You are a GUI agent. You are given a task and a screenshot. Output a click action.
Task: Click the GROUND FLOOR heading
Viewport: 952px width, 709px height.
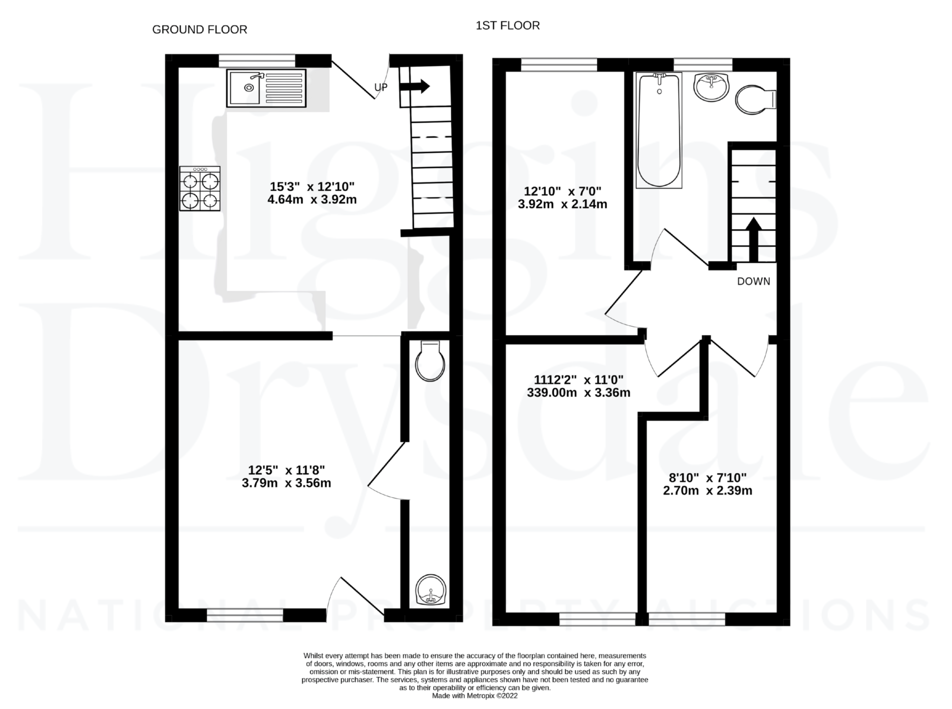[x=200, y=30]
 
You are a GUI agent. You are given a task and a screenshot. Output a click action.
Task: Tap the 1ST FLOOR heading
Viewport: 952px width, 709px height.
[x=508, y=26]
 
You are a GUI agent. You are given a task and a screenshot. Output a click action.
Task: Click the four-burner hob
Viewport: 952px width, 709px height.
[x=200, y=188]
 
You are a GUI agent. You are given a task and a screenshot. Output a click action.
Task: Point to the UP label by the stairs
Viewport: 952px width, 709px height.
[x=381, y=87]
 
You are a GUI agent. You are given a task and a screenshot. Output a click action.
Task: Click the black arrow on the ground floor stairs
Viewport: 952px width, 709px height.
[x=415, y=86]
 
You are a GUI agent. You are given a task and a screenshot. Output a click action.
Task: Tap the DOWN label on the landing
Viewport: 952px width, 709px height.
[x=753, y=282]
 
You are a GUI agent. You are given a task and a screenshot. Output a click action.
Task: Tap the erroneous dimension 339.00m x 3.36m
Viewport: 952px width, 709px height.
[x=578, y=392]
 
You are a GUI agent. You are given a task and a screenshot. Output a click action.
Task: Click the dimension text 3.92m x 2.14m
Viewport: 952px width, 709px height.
[x=562, y=204]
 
